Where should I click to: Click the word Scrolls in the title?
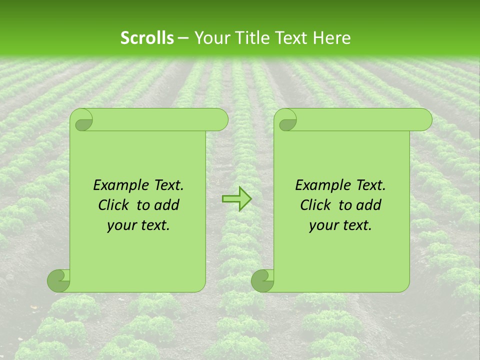click(x=147, y=38)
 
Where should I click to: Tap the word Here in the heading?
click(x=331, y=38)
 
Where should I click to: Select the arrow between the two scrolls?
click(x=236, y=198)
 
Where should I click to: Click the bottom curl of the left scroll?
click(x=59, y=280)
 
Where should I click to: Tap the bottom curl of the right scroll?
click(x=263, y=280)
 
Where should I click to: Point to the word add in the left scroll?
click(x=167, y=205)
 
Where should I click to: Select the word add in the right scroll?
click(x=369, y=205)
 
